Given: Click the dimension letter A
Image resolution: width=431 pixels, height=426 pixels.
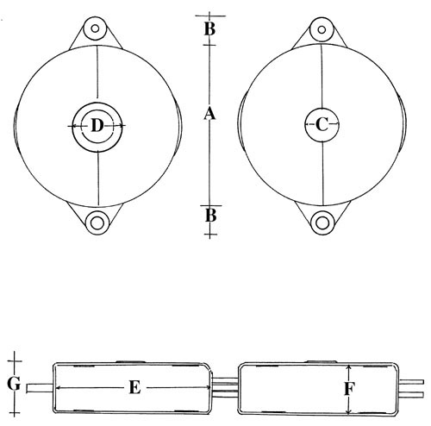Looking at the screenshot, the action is tap(209, 113).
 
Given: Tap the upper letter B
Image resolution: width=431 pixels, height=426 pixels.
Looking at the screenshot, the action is tap(209, 29).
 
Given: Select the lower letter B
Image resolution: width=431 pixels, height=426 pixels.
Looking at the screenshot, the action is tap(210, 216).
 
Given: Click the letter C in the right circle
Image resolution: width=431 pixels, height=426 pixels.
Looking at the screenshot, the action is tap(322, 124).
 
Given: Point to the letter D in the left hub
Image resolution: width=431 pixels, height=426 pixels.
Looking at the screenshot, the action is tap(97, 126).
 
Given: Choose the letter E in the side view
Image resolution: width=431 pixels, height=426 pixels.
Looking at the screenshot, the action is tap(134, 388).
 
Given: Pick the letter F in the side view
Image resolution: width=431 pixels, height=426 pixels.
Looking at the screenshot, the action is tap(349, 389).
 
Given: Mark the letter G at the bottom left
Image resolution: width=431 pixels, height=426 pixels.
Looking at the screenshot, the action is tap(14, 384).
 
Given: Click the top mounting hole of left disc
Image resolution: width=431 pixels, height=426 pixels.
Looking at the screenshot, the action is tap(95, 28).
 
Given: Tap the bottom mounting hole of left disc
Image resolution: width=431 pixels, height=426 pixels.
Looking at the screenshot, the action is tap(97, 223).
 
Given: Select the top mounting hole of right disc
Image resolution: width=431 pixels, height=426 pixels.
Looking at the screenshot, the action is tap(322, 29).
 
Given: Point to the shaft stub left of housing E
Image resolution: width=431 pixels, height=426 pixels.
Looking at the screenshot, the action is tap(40, 388).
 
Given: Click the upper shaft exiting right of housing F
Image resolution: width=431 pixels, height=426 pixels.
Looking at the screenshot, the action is tap(411, 382).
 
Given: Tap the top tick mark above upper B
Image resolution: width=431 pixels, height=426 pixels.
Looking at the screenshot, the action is tap(210, 16).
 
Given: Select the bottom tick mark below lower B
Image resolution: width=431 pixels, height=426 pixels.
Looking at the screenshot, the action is tap(210, 235).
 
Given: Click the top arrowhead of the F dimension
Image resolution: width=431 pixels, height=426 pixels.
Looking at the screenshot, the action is tap(348, 367).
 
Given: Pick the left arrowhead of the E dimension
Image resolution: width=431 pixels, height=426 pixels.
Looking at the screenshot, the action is tap(58, 388).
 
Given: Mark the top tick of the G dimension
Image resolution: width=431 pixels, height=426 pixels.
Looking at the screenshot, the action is tap(15, 361).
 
